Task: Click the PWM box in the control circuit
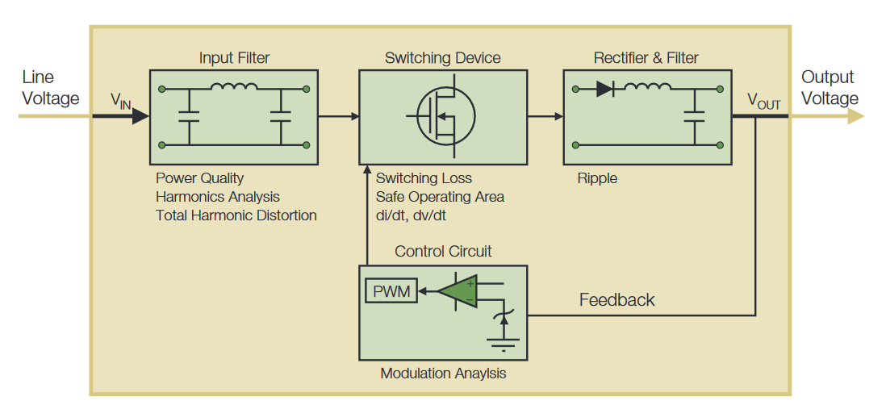(x=391, y=290)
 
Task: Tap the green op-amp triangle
(x=458, y=291)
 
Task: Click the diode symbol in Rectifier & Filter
(x=605, y=89)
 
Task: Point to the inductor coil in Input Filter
(x=234, y=87)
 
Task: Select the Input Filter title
(x=235, y=58)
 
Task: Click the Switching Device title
(x=442, y=58)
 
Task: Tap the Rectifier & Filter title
(x=646, y=58)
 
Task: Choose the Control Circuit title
(x=443, y=252)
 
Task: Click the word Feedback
(x=616, y=300)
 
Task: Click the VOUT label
(x=763, y=101)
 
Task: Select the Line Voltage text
(x=50, y=88)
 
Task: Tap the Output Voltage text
(x=829, y=88)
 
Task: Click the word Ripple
(x=597, y=178)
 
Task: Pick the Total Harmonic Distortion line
(x=236, y=215)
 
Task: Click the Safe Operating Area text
(x=440, y=197)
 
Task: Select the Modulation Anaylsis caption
(x=443, y=374)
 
